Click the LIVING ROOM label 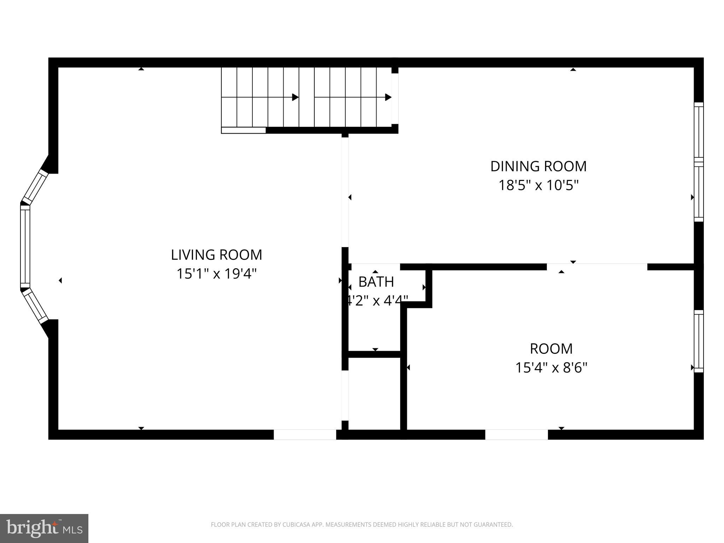click(x=216, y=255)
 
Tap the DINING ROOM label click(x=538, y=167)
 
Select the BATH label click(x=376, y=282)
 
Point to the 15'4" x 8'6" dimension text click(x=551, y=368)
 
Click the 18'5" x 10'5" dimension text click(x=538, y=185)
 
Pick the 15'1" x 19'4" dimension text click(x=216, y=274)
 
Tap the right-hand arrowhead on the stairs click(x=388, y=97)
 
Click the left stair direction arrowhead click(x=295, y=97)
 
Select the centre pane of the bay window click(x=25, y=246)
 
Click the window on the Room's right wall click(x=699, y=341)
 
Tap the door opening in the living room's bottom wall click(x=305, y=434)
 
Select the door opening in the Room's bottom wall click(x=516, y=434)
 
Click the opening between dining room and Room click(x=597, y=267)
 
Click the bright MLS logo click(x=44, y=528)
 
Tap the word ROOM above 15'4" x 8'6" click(x=551, y=349)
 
